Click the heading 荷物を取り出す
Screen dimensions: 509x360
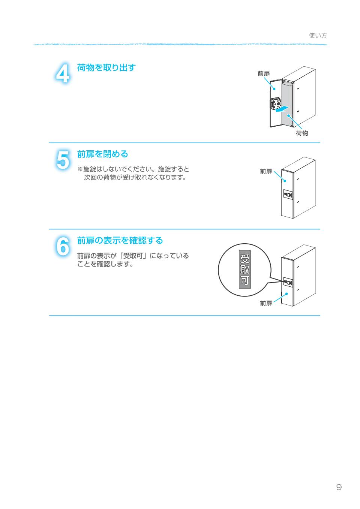[x=106, y=68]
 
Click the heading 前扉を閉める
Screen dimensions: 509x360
[x=102, y=154]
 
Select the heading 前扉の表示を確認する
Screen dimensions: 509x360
[x=120, y=240]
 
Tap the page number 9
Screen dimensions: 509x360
[x=339, y=487]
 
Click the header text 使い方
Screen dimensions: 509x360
[x=318, y=36]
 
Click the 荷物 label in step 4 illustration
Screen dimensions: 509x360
[x=302, y=133]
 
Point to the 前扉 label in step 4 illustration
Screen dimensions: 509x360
[x=263, y=74]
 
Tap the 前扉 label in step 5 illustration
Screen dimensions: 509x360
[x=266, y=171]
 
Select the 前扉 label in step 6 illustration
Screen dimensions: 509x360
[x=266, y=303]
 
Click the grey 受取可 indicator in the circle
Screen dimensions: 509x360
[x=244, y=270]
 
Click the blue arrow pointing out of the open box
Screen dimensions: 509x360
[x=281, y=109]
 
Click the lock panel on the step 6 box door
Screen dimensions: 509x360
[x=288, y=282]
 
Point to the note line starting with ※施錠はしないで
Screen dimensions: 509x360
[x=133, y=169]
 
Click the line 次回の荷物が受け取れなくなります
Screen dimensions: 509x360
[x=135, y=178]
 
